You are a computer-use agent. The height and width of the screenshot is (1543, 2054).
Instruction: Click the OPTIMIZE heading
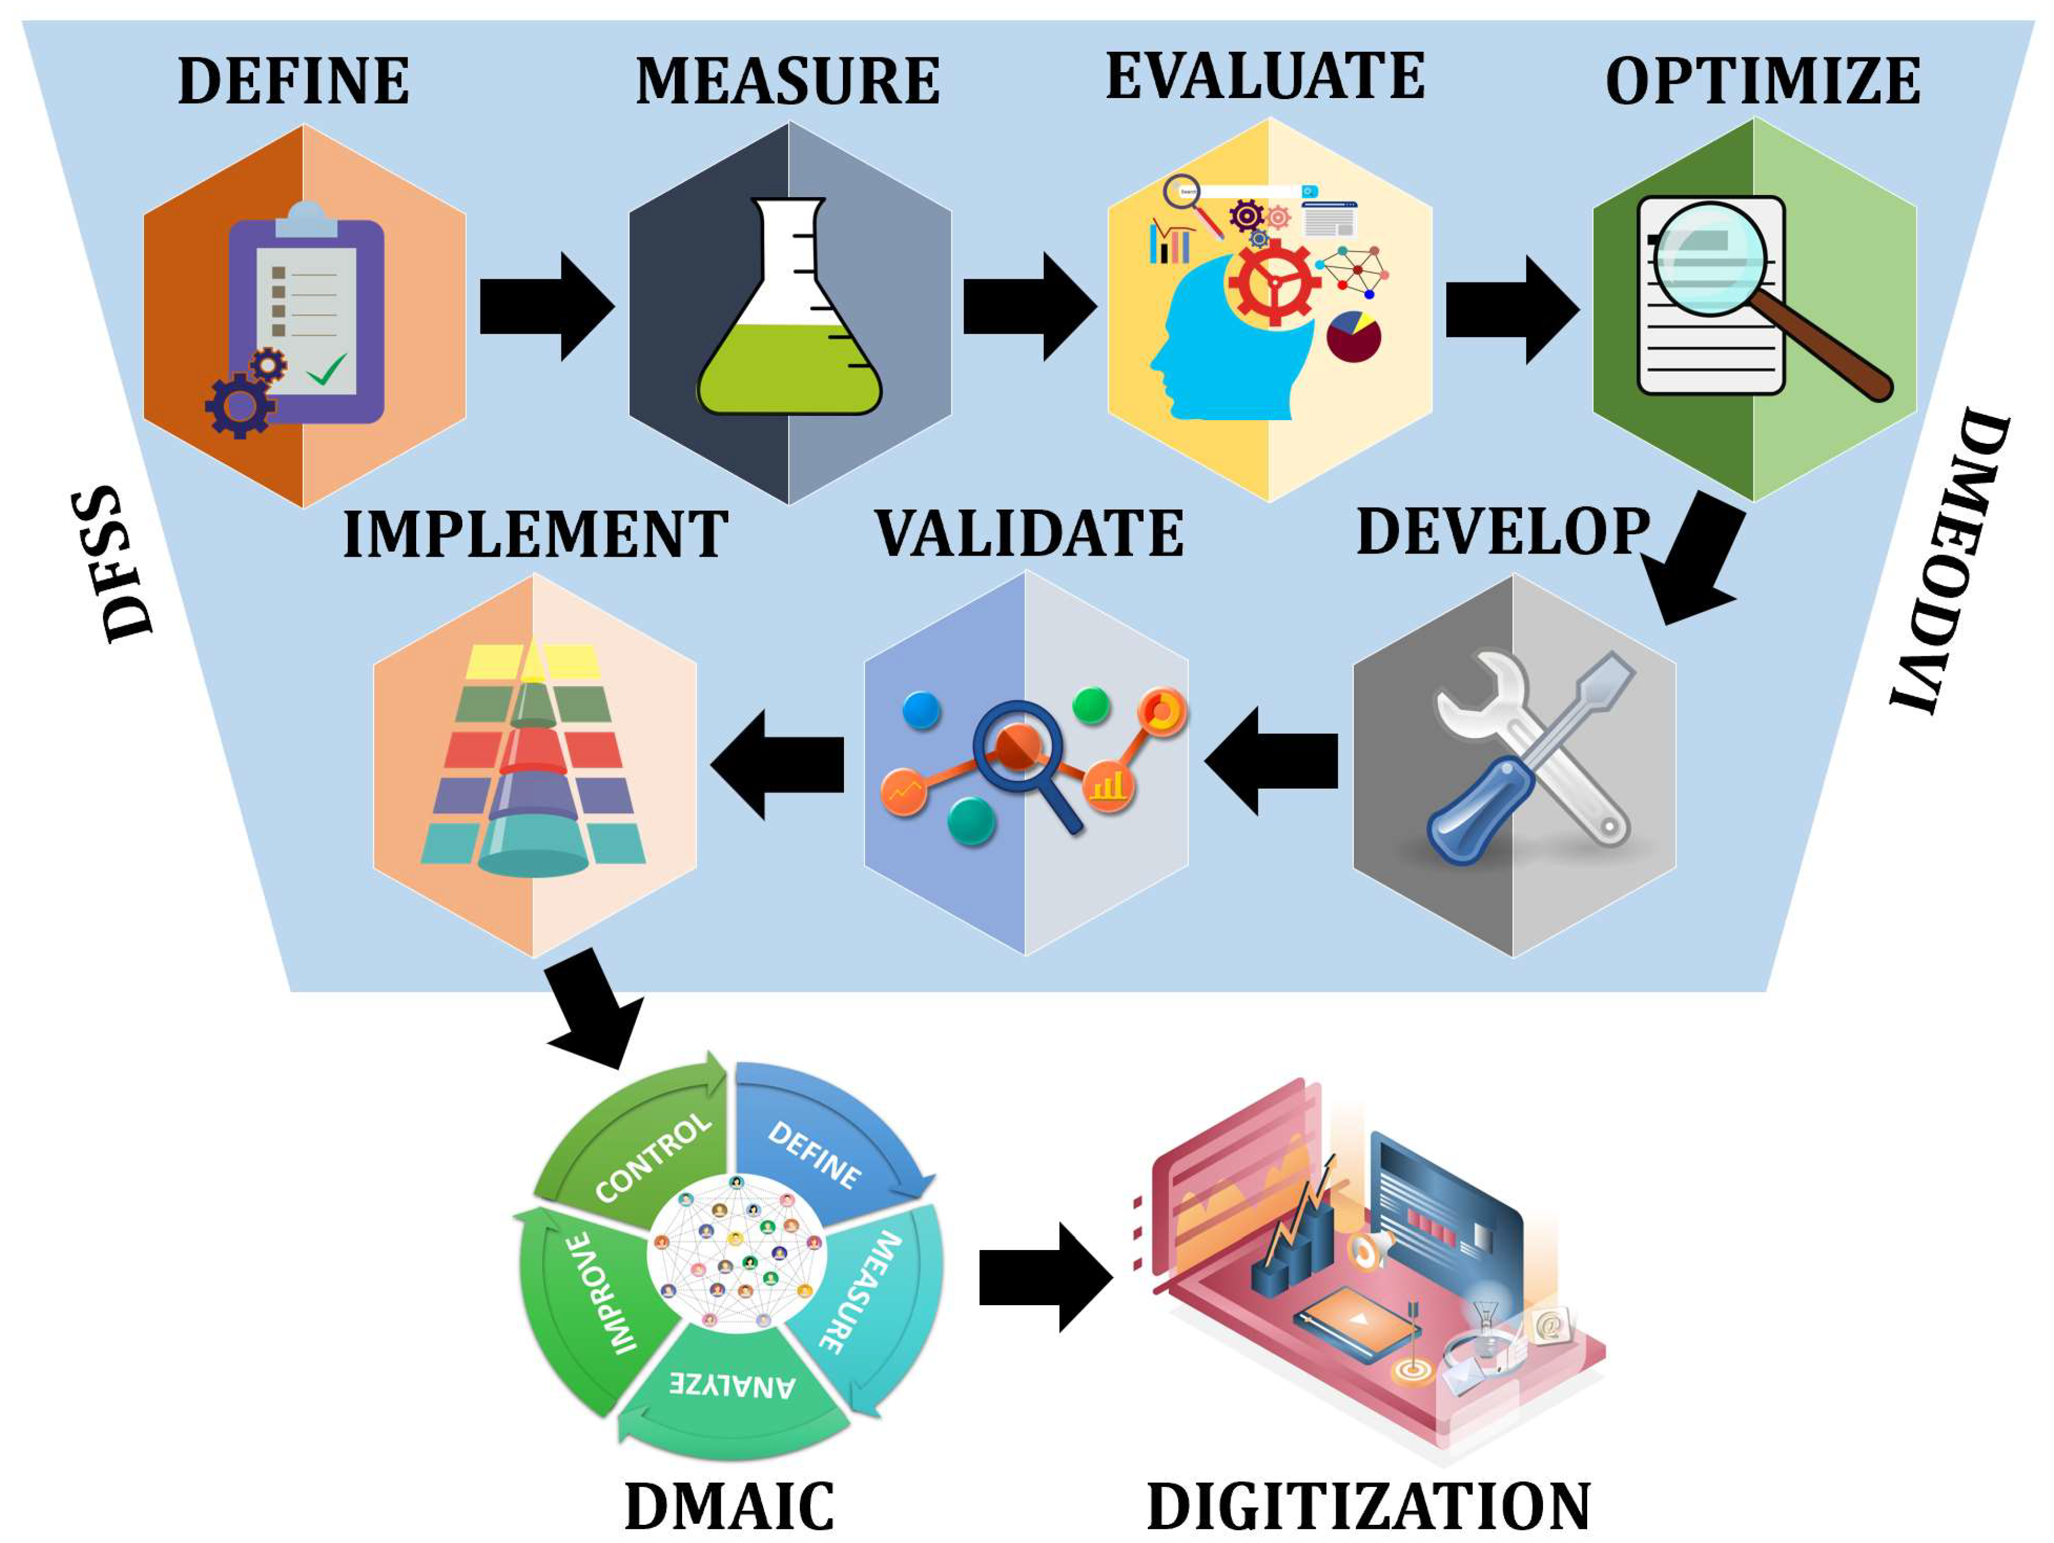[1762, 82]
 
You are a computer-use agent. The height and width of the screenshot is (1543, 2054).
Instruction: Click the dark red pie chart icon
[1353, 336]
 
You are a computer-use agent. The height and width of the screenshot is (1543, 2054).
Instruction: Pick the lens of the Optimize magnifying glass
[1709, 258]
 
